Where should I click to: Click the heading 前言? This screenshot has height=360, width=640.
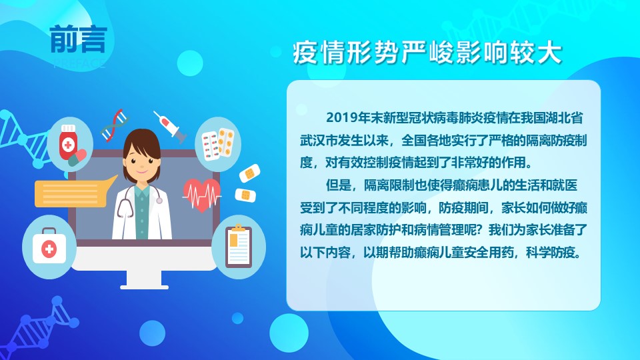[79, 39]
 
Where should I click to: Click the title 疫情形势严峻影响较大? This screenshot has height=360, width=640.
[427, 53]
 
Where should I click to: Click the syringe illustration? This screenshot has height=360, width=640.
[170, 127]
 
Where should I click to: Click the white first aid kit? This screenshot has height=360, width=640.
[49, 246]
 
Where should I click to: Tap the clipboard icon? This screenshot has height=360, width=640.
[239, 246]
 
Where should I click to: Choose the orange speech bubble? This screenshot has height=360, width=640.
[73, 192]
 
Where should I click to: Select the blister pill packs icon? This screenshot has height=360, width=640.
[218, 145]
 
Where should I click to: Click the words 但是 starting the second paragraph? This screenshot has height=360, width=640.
[339, 185]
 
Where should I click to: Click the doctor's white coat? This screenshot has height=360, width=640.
[123, 221]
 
